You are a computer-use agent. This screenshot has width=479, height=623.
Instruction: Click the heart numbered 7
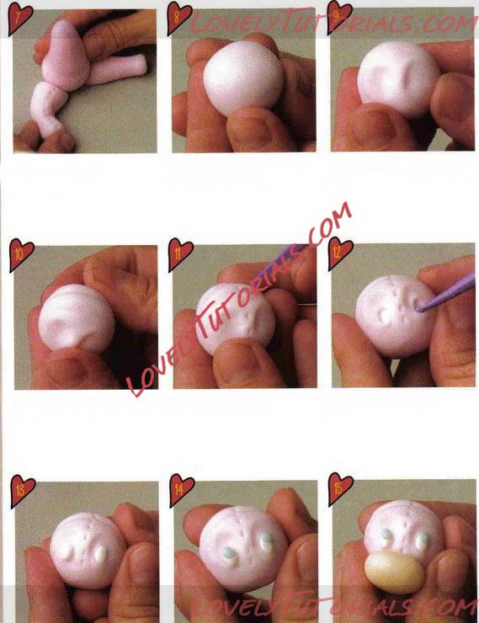(20, 18)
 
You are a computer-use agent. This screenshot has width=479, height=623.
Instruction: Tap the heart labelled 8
(179, 18)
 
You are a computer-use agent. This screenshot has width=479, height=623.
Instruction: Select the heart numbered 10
(21, 254)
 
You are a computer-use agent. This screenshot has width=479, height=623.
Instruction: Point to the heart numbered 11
(180, 254)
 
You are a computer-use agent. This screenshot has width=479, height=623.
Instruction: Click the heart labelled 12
(340, 253)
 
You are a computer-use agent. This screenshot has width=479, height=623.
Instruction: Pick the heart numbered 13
(22, 490)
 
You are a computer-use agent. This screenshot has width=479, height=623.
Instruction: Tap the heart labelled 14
(182, 489)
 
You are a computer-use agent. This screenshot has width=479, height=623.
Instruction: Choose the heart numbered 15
(341, 488)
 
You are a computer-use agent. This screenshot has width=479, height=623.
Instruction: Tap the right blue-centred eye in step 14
(267, 542)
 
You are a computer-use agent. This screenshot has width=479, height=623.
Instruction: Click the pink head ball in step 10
(77, 317)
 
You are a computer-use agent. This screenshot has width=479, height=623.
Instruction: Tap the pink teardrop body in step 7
(66, 54)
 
